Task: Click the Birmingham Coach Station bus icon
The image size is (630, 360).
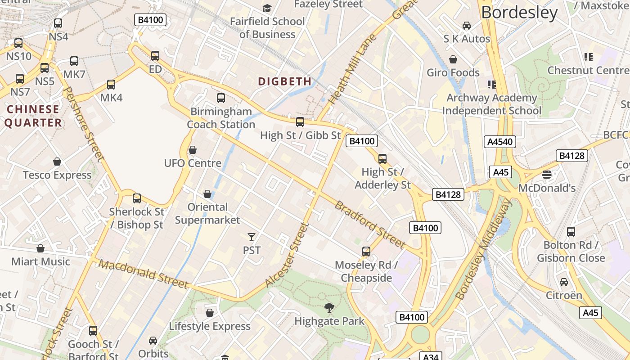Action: click(221, 98)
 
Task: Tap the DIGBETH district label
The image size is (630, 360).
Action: click(285, 81)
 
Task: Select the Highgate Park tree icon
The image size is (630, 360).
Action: click(329, 308)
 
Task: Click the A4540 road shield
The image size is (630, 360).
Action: click(500, 142)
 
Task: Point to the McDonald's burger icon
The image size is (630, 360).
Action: click(547, 175)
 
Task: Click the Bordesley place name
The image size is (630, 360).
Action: click(519, 13)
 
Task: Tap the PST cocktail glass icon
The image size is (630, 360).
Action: click(252, 237)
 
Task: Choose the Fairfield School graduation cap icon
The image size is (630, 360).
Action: click(267, 8)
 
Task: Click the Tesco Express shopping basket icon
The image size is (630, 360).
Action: click(57, 162)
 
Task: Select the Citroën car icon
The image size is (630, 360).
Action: click(564, 282)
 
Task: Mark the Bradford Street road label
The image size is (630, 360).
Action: click(370, 224)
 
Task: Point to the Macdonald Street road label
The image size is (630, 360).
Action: click(143, 274)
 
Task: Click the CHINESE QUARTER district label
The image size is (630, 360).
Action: click(33, 116)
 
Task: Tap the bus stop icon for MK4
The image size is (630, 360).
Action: click(111, 85)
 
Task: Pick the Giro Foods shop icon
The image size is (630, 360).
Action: click(453, 59)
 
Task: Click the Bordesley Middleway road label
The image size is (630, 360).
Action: click(484, 250)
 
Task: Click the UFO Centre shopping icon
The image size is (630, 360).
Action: click(193, 150)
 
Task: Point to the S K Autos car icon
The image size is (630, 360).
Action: click(467, 26)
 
